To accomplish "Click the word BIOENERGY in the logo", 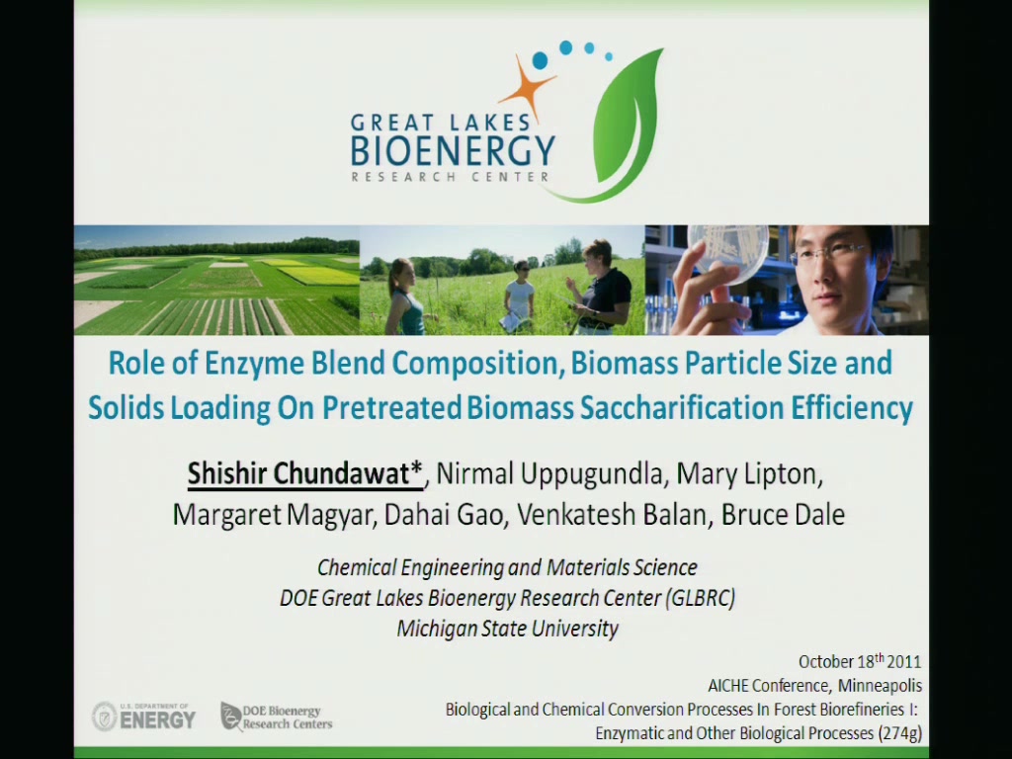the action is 453,150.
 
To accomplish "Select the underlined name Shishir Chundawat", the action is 304,474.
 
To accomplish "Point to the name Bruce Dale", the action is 783,515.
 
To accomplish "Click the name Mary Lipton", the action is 749,474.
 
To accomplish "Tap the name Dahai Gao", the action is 443,515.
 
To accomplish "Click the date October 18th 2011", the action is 860,661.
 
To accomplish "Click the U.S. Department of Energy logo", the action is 143,717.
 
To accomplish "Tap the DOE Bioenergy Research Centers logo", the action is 277,717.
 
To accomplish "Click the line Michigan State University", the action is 507,629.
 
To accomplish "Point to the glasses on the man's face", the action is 826,253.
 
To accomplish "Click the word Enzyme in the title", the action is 254,364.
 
